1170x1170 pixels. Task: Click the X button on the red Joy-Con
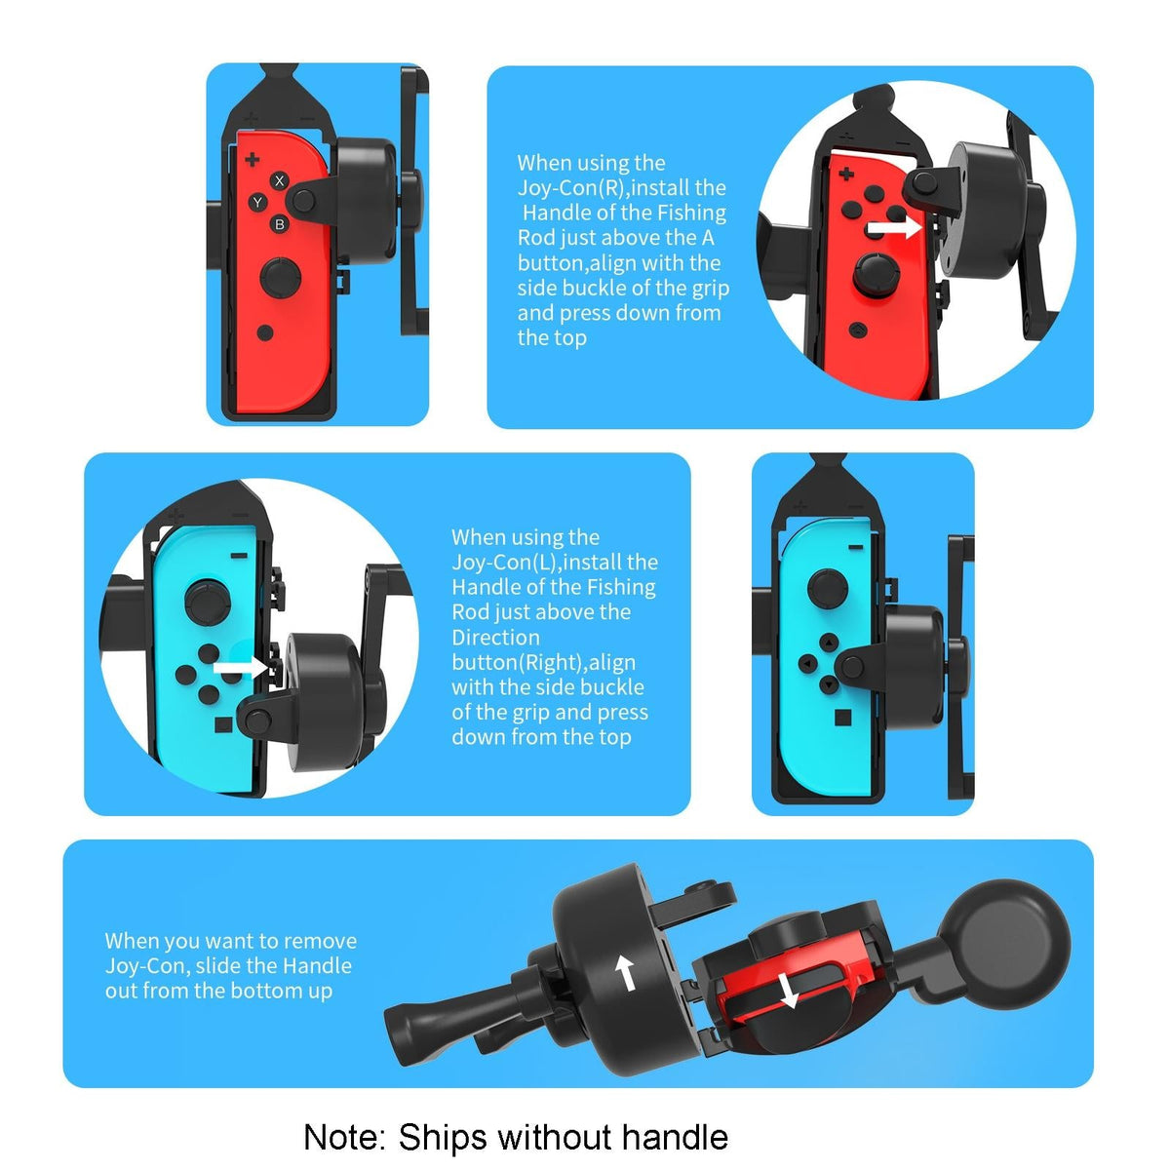280,180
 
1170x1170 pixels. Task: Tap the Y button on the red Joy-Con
257,203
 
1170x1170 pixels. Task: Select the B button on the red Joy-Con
280,224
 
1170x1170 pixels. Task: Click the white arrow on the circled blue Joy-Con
240,669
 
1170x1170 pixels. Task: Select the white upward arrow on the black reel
625,971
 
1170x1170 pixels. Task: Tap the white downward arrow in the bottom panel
789,993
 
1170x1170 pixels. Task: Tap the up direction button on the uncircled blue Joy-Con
829,643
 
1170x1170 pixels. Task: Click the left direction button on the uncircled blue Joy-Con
807,665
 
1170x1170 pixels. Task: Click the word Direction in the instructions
495,638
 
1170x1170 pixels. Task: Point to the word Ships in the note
443,1137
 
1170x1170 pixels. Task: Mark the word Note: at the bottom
345,1137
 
